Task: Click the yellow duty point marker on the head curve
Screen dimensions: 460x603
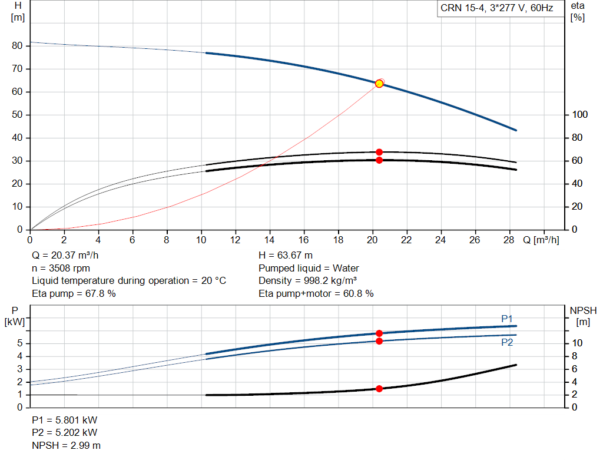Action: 379,84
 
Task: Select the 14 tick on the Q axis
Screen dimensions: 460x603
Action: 270,240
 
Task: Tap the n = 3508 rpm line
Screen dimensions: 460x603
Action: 60,269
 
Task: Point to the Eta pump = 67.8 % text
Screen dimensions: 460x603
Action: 74,293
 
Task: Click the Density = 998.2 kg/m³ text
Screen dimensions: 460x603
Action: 308,281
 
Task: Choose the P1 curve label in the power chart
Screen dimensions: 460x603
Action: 507,319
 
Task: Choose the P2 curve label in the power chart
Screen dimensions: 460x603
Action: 507,342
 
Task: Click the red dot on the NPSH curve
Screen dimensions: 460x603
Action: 379,389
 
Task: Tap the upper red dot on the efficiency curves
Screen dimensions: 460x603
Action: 379,152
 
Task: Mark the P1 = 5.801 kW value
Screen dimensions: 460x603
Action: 65,421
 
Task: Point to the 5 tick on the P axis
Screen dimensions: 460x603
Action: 21,343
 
